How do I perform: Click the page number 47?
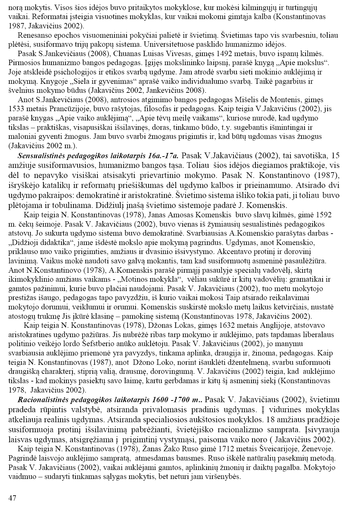pos(12,498)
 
